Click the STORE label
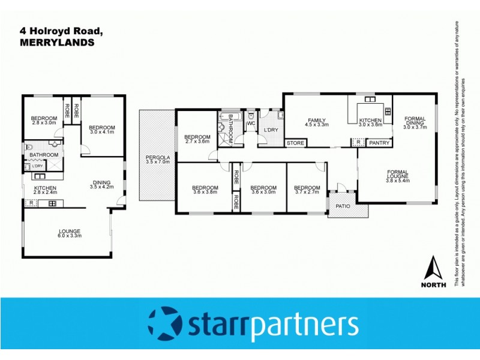pos(295,143)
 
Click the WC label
pos(251,124)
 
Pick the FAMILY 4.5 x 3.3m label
pos(317,122)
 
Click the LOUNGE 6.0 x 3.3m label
pos(70,233)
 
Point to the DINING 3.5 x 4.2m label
pos(101,185)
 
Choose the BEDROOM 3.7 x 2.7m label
pos(307,190)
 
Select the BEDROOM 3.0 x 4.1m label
pos(102,129)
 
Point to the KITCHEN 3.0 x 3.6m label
pos(370,122)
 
